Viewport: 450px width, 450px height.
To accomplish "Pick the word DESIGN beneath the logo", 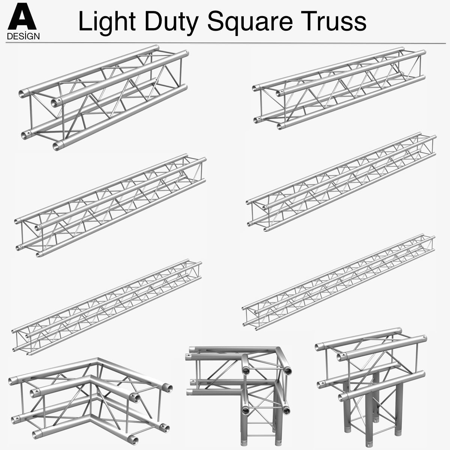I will (x=23, y=36).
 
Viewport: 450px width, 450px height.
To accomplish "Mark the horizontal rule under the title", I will (x=225, y=43).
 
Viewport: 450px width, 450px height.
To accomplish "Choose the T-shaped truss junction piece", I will (x=371, y=379).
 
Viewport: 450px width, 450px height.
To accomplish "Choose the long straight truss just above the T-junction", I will (x=339, y=283).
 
